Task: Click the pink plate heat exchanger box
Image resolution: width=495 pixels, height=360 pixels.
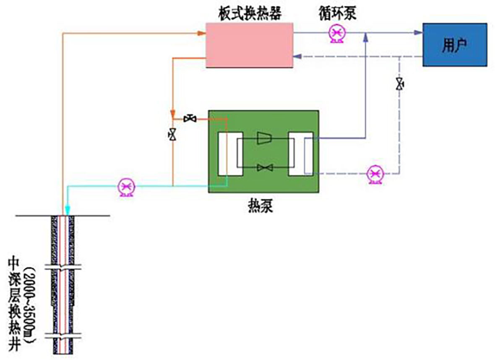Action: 249,45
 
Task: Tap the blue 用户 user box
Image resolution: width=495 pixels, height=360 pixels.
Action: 455,44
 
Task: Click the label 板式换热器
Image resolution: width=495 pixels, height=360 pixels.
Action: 250,14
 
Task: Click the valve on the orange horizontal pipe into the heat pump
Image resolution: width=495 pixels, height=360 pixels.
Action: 190,119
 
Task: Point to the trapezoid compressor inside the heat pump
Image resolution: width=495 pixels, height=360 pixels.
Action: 264,138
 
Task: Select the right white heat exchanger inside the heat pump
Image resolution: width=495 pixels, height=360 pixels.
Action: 300,154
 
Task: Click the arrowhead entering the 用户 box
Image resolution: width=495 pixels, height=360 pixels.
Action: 418,33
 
